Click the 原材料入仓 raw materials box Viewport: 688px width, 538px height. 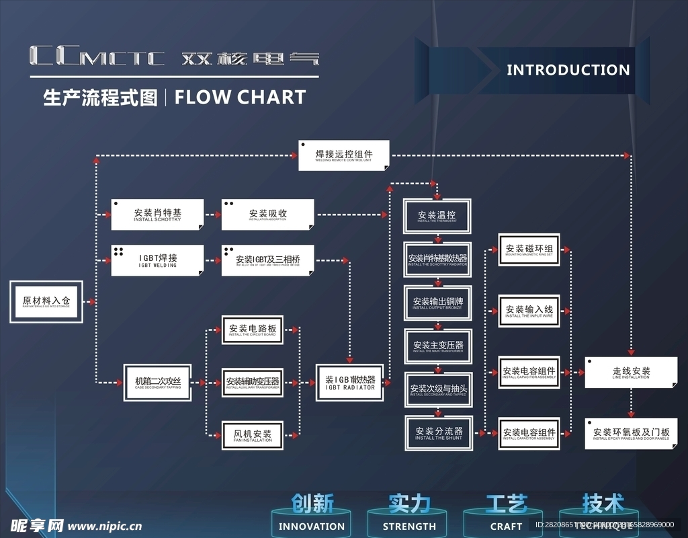point(46,302)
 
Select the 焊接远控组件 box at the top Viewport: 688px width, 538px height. point(344,155)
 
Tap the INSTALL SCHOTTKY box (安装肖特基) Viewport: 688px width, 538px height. point(157,215)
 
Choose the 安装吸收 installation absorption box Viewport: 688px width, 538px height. point(267,215)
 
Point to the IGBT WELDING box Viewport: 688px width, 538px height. point(157,260)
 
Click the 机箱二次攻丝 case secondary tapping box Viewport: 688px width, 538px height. point(157,383)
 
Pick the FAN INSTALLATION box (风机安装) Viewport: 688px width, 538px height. point(252,435)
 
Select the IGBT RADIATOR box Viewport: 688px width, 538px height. point(350,383)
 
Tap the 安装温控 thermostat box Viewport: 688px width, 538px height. point(437,217)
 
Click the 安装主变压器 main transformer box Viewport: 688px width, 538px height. point(437,346)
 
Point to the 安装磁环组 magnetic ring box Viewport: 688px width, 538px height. point(529,250)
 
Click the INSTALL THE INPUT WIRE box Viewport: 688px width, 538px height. point(529,311)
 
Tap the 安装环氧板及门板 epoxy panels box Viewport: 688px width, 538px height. point(631,434)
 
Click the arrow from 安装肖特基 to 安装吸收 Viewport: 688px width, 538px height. point(212,215)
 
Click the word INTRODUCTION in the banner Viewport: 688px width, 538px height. point(568,70)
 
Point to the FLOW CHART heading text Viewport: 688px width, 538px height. point(240,98)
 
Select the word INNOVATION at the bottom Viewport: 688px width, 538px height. point(312,527)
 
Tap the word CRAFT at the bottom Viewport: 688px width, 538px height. point(506,527)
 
